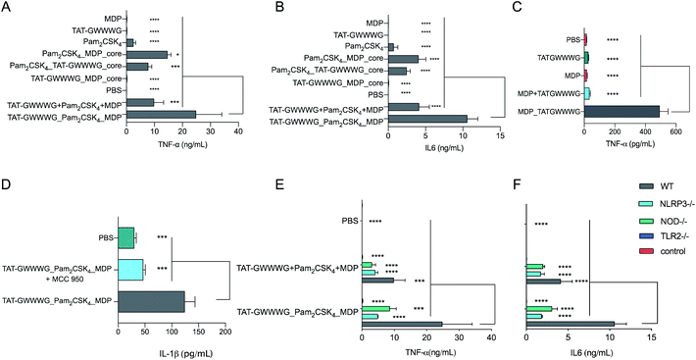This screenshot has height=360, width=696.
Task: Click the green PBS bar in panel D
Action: [x=125, y=237]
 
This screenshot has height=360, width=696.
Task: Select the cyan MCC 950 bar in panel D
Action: [x=130, y=268]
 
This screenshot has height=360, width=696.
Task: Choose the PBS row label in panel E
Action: [x=348, y=219]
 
